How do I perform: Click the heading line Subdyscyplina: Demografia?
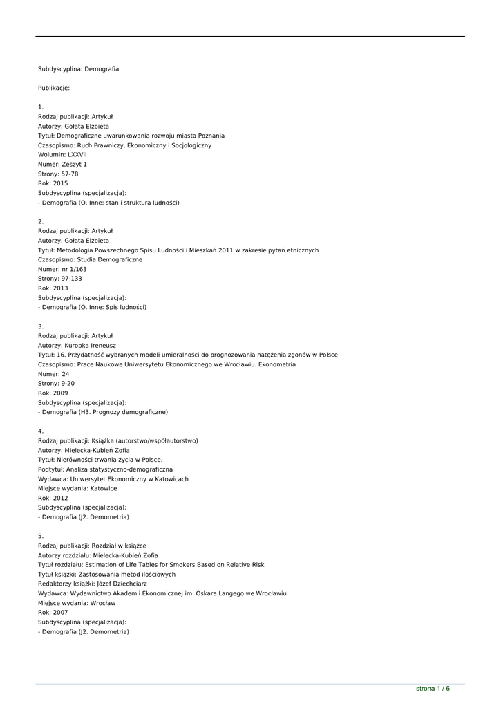[x=78, y=69]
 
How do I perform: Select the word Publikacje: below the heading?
[x=54, y=88]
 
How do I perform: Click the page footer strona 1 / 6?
[x=433, y=689]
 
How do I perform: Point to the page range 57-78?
[x=70, y=174]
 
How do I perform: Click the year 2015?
[x=60, y=183]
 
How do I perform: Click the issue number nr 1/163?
[x=74, y=269]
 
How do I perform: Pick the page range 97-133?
[x=72, y=279]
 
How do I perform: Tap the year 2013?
[x=60, y=288]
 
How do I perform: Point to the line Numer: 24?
[x=53, y=374]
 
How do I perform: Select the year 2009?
[x=60, y=393]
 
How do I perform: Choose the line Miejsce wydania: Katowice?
[x=77, y=488]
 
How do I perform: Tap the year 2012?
[x=60, y=498]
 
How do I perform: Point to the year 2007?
[x=60, y=613]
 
